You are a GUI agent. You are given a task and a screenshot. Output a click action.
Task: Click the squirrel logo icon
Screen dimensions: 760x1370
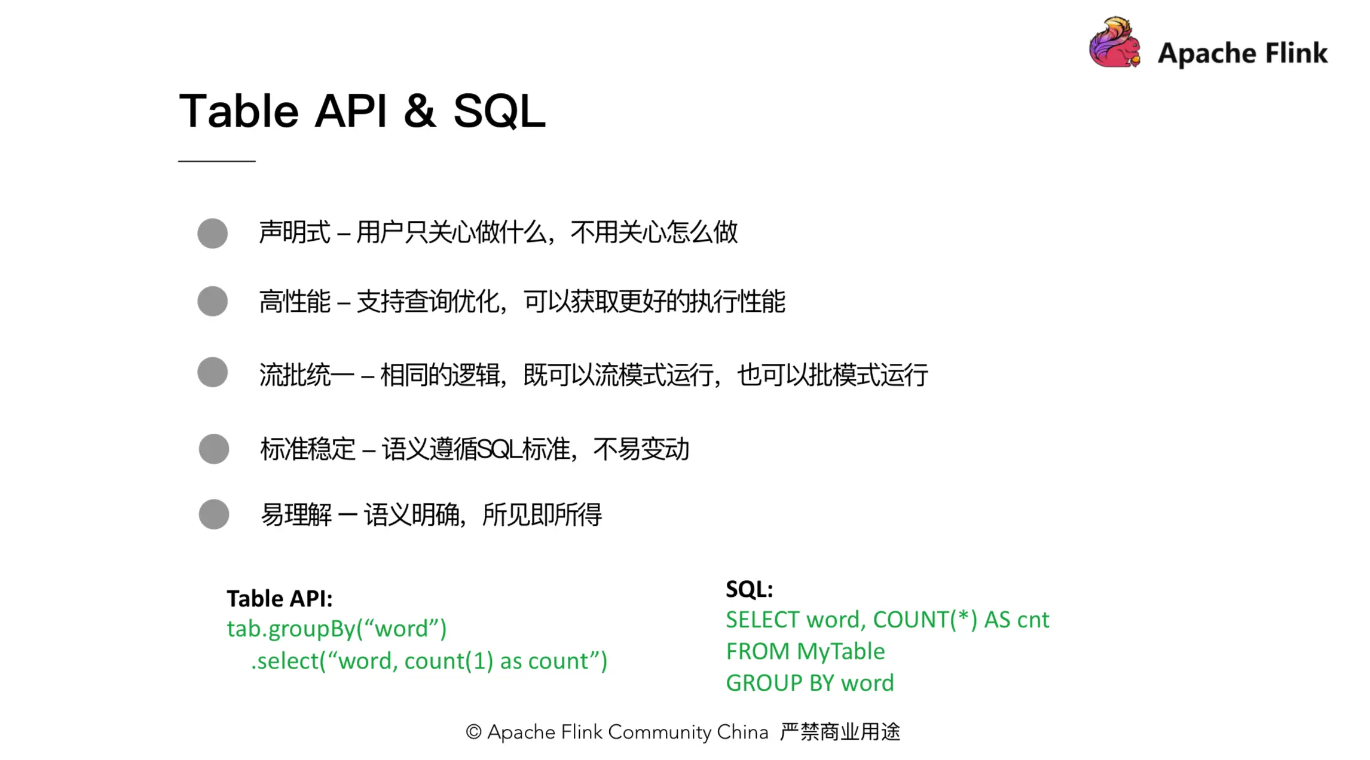click(x=1114, y=43)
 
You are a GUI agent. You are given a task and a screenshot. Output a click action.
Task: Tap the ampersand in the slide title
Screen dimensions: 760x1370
click(x=420, y=111)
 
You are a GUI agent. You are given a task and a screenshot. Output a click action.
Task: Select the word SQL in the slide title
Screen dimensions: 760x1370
click(x=499, y=111)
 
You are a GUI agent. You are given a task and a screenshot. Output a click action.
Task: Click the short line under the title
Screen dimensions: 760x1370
click(x=216, y=161)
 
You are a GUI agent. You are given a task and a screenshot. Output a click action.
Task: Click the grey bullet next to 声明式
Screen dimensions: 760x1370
click(x=213, y=233)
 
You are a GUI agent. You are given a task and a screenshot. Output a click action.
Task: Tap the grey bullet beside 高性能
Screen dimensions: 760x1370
click(x=213, y=301)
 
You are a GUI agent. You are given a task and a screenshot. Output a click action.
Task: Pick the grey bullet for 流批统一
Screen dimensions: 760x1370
click(x=213, y=372)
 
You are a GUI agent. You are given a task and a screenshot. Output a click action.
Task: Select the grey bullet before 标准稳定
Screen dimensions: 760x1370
click(x=214, y=449)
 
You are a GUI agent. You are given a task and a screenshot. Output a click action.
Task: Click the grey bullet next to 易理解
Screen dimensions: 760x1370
click(x=214, y=514)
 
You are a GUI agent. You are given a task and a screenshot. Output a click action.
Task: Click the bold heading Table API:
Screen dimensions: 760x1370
click(x=279, y=599)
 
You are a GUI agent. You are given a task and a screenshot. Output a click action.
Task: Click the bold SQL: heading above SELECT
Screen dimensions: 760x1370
click(x=749, y=590)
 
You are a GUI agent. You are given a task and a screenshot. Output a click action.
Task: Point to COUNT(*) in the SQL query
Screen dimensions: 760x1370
click(x=925, y=620)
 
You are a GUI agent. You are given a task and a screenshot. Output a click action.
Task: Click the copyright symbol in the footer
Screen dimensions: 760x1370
click(x=473, y=732)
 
